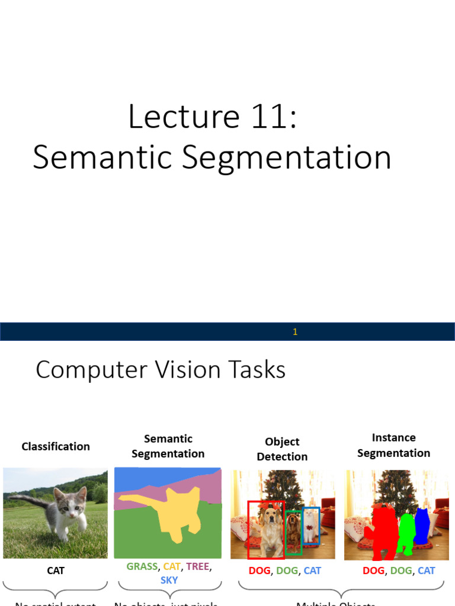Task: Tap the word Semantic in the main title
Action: pyautogui.click(x=102, y=157)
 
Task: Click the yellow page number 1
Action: pyautogui.click(x=295, y=332)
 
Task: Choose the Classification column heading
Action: pyautogui.click(x=56, y=446)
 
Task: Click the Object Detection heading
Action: pyautogui.click(x=282, y=449)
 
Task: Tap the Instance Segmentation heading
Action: pyautogui.click(x=393, y=445)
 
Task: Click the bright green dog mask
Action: pyautogui.click(x=406, y=532)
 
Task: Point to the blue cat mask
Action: pyautogui.click(x=421, y=524)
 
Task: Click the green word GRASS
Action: pyautogui.click(x=142, y=566)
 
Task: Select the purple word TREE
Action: pyautogui.click(x=197, y=566)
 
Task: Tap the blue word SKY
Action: pyautogui.click(x=169, y=580)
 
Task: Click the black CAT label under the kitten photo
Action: pyautogui.click(x=55, y=570)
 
